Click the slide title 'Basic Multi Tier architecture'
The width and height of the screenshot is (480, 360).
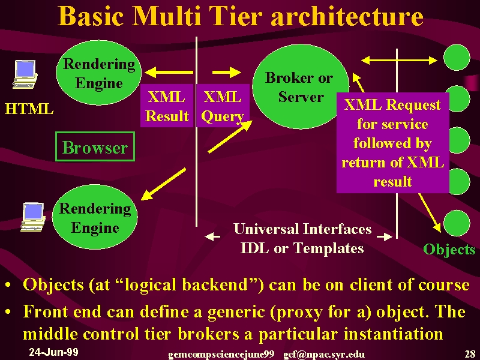(x=241, y=16)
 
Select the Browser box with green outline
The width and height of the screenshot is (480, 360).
(x=95, y=146)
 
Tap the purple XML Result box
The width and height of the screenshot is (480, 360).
(x=167, y=106)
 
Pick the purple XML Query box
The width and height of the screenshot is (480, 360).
(x=223, y=106)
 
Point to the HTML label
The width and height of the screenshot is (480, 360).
(x=29, y=109)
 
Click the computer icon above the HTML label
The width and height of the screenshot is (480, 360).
(x=25, y=74)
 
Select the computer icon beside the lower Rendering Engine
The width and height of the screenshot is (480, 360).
(x=33, y=217)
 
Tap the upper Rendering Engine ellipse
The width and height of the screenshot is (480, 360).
(x=98, y=73)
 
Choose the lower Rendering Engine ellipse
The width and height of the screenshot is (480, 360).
(x=95, y=217)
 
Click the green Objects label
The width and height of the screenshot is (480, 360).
(x=449, y=249)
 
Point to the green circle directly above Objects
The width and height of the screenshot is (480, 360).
(x=457, y=223)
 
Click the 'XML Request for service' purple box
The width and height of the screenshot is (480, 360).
(x=393, y=143)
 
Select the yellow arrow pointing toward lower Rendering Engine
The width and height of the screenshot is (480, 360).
(x=163, y=184)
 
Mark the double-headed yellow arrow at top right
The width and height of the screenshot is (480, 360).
(x=399, y=61)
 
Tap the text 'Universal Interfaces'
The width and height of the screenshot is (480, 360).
(x=302, y=229)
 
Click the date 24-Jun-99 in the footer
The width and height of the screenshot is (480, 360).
(x=53, y=352)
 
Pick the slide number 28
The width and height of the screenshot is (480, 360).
(x=470, y=354)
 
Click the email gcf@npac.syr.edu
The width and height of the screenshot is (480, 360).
(x=324, y=355)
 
